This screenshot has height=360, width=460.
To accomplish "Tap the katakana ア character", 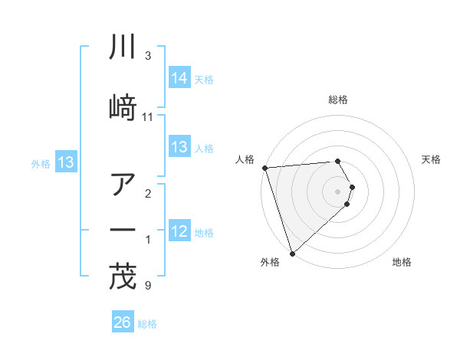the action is pyautogui.click(x=123, y=185).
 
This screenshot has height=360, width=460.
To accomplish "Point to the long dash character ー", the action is pyautogui.click(x=123, y=229).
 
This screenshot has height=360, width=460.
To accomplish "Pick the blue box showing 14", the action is pyautogui.click(x=179, y=77).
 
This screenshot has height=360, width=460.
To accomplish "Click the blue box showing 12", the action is pyautogui.click(x=179, y=231).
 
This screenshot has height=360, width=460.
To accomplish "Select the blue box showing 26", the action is pyautogui.click(x=123, y=322).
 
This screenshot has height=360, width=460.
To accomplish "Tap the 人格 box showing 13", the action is pyautogui.click(x=179, y=147).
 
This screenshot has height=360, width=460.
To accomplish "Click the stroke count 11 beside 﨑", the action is pyautogui.click(x=148, y=116).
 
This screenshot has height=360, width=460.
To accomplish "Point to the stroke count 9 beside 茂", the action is pyautogui.click(x=147, y=286).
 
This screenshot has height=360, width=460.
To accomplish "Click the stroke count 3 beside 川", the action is pyautogui.click(x=147, y=56).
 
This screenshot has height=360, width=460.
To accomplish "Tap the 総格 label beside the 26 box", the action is pyautogui.click(x=147, y=324).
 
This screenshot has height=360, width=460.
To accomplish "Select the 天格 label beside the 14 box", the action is pyautogui.click(x=204, y=79).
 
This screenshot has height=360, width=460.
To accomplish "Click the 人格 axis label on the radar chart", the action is pyautogui.click(x=245, y=159).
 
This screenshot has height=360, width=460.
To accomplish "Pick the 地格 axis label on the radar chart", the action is pyautogui.click(x=402, y=262).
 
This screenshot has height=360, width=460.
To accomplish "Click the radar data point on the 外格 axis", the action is pyautogui.click(x=292, y=253).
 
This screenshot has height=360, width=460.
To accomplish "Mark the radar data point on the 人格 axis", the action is pyautogui.click(x=264, y=168).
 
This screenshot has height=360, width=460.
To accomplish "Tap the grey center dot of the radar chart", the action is pyautogui.click(x=338, y=190).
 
